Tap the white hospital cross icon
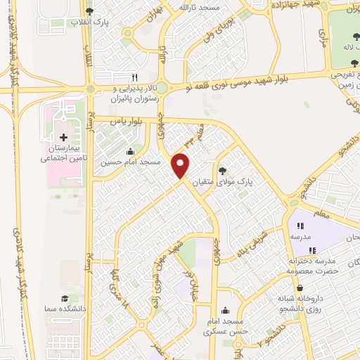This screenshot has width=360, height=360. click(x=63, y=136)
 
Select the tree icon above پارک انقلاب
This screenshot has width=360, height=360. click(x=89, y=11)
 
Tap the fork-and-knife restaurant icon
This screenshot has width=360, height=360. click(x=134, y=78)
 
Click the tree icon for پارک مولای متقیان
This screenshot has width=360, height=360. click(x=223, y=170)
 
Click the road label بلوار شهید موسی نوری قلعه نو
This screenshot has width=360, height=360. click(x=258, y=79)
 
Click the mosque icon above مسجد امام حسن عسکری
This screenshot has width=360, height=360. click(x=225, y=310)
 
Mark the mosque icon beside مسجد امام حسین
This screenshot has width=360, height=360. click(x=130, y=151)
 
